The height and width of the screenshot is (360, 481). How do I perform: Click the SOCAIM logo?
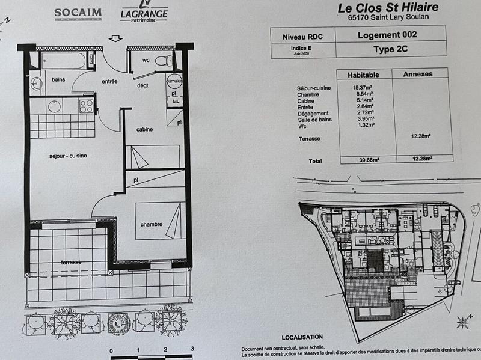pos(78,13)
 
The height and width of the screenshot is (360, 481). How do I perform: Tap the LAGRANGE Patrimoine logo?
pos(144,13)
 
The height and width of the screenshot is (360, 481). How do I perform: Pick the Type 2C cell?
pos(391,50)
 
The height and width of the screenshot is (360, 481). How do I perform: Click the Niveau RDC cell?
pos(302,36)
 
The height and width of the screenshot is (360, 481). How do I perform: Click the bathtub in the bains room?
pos(63,61)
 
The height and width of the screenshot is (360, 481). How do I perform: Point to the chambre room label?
pos(151,224)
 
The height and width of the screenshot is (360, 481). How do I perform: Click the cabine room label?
pos(144,129)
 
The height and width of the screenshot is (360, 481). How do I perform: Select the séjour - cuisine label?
pos(68,156)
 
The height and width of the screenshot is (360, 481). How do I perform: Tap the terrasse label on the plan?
pos(71,263)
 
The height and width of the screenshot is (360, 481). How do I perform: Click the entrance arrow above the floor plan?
pos(113,39)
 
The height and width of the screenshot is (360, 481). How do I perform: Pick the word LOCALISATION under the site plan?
pos(302,337)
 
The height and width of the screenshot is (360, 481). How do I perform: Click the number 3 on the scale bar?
pos(192,347)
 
